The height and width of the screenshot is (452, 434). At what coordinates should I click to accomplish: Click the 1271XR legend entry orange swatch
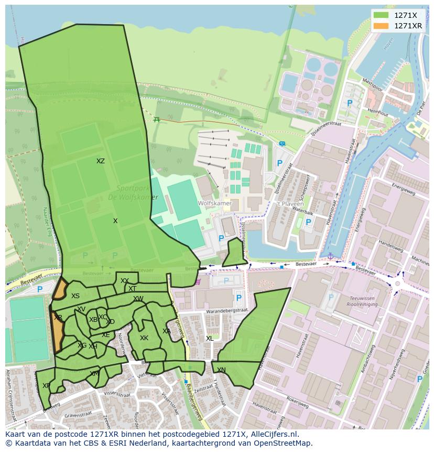pos(381,26)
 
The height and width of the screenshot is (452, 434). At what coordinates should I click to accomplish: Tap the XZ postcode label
pos(101,161)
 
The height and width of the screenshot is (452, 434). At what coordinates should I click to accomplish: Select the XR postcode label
pos(58,318)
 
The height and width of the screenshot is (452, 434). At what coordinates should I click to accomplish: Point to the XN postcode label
pos(221,370)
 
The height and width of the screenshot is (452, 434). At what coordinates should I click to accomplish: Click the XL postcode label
pos(210,339)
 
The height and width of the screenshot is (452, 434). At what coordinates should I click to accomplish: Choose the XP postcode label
pos(46,386)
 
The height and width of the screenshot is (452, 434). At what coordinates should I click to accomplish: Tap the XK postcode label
pos(144,338)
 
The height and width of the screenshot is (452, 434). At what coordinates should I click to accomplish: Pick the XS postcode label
pos(75,296)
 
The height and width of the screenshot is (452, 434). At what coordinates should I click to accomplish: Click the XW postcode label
pos(138,299)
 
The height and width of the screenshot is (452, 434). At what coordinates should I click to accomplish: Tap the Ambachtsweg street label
pos(375,354)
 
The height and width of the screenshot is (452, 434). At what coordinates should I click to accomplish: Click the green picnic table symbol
pos(157,119)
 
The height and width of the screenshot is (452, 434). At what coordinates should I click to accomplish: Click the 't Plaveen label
pos(286,204)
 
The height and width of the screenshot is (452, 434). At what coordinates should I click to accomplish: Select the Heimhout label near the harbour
pos(377,112)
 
